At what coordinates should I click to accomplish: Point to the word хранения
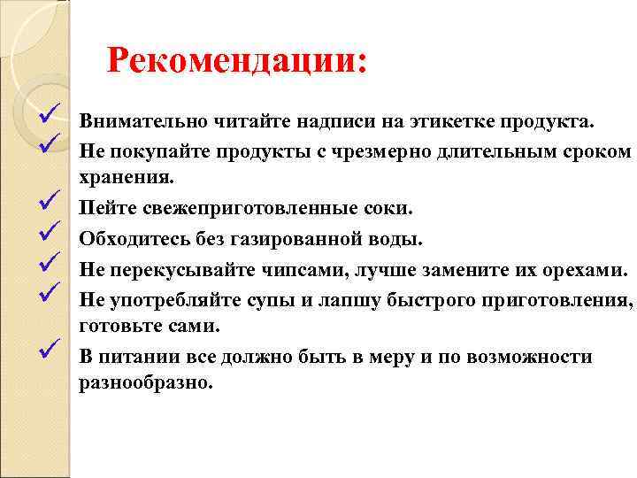pos(121,180)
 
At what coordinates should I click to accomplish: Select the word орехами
pos(575,268)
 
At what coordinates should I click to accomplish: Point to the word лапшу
pos(342,298)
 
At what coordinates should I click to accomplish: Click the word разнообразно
pos(146,386)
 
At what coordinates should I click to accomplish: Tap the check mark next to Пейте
pos(49,204)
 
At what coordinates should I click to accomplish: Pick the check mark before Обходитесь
pos(49,233)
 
